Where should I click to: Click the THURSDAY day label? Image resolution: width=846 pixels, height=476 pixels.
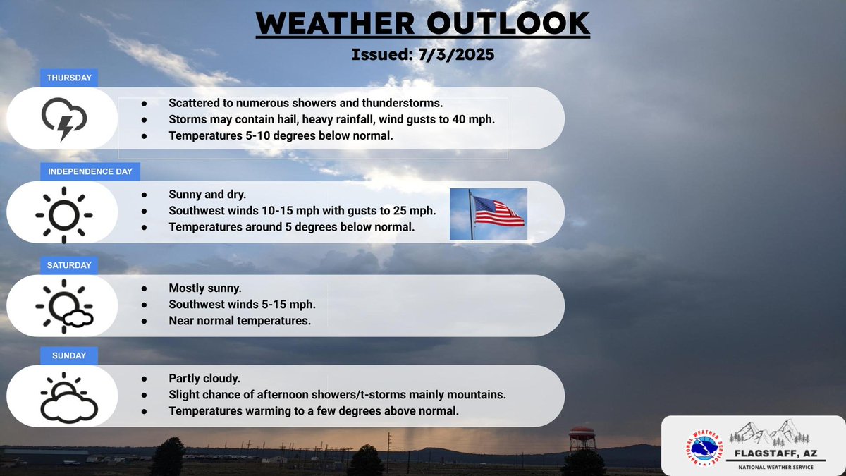(69, 78)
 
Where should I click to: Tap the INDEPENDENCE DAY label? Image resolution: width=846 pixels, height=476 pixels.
(90, 171)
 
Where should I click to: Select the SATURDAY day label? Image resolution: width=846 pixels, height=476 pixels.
(69, 265)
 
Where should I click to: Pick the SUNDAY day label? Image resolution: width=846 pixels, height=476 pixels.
(68, 356)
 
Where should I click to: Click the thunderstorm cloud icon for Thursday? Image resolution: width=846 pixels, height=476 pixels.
(63, 118)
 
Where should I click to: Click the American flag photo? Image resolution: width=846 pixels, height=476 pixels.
(489, 214)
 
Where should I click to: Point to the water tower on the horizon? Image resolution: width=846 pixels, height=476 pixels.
(582, 439)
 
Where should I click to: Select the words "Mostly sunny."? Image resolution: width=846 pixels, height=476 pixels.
(204, 288)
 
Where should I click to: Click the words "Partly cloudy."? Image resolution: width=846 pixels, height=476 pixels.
(204, 379)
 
